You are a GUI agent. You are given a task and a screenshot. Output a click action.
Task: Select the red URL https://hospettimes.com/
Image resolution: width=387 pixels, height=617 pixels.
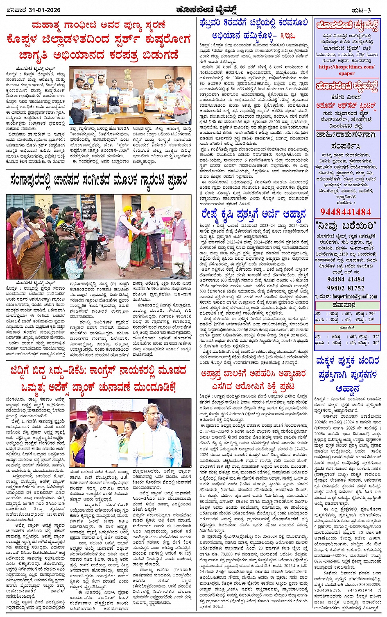pyautogui.click(x=346, y=67)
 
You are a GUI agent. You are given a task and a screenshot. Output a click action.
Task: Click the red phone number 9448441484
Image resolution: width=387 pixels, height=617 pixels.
pyautogui.click(x=346, y=212)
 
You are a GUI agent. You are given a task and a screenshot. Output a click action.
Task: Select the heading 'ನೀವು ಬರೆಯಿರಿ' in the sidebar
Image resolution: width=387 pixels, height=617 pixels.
pyautogui.click(x=346, y=226)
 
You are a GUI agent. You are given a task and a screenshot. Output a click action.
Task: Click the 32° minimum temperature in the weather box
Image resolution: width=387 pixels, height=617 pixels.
pyautogui.click(x=375, y=336)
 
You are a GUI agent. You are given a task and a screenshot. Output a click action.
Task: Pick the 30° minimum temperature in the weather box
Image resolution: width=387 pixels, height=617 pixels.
pyautogui.click(x=375, y=343)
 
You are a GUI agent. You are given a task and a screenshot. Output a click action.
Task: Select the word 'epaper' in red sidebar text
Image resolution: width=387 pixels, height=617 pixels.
pyautogui.click(x=346, y=73)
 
